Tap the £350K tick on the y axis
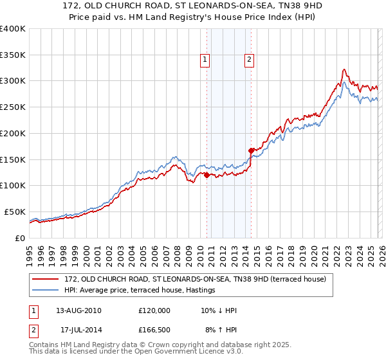click(x=12, y=55)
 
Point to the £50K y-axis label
click(x=15, y=212)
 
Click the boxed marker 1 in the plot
click(x=205, y=60)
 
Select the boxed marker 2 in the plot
click(x=249, y=60)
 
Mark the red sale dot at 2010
click(x=207, y=175)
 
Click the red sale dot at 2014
click(x=251, y=150)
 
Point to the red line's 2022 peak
click(x=345, y=69)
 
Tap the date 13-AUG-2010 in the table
click(x=78, y=310)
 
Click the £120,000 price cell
click(x=154, y=310)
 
